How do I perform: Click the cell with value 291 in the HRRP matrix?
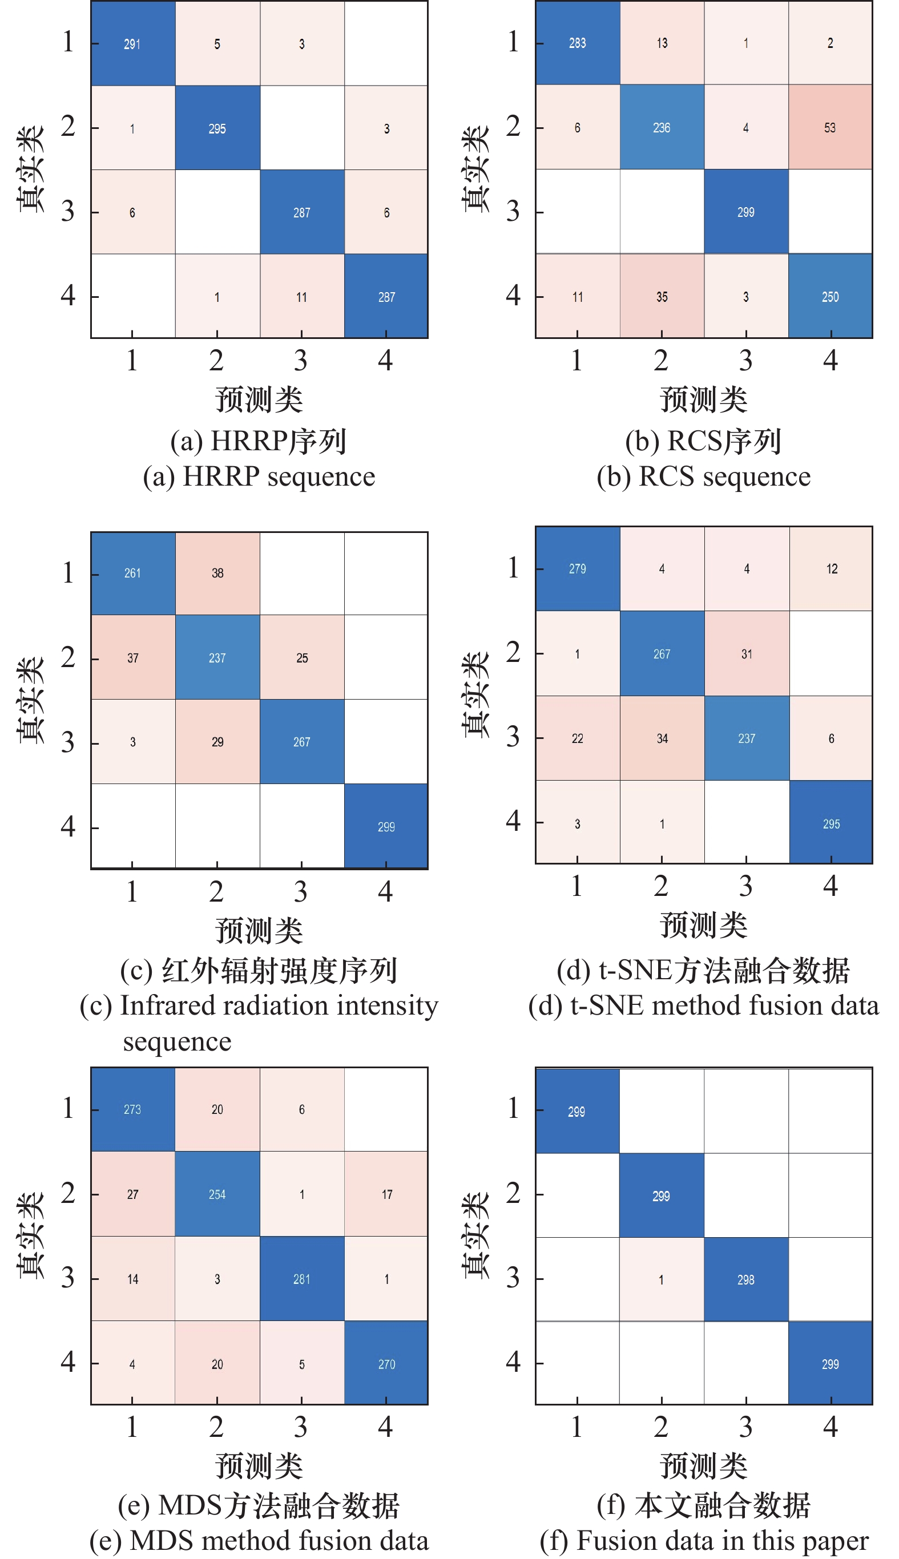coord(133,43)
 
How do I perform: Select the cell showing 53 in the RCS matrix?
coord(831,127)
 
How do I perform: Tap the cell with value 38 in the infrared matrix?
coord(217,573)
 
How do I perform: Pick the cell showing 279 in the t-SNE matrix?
coord(578,568)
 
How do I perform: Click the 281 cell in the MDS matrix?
coord(302,1279)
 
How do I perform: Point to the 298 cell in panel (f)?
coord(746,1280)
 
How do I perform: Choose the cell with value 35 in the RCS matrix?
coord(662,296)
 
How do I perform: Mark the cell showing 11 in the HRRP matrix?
coord(302,296)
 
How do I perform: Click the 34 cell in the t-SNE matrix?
coord(662,738)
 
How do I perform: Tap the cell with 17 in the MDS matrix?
coord(386,1194)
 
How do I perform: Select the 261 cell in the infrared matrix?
coord(133,573)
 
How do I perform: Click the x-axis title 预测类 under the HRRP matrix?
coord(259,399)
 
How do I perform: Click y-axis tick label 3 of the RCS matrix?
coord(513,212)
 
